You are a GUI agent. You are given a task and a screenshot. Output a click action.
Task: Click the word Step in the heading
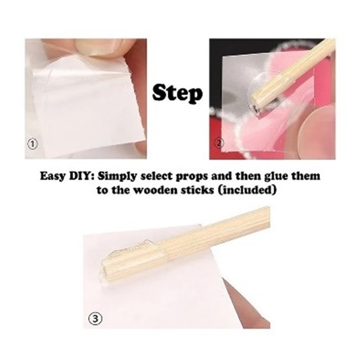pyautogui.click(x=177, y=94)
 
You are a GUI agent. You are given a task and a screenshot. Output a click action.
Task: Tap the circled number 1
pyautogui.click(x=32, y=144)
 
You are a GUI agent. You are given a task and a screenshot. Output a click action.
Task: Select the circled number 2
pyautogui.click(x=219, y=143)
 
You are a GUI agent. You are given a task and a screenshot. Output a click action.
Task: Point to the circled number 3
pyautogui.click(x=95, y=319)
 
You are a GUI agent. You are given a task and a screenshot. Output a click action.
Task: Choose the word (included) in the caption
pyautogui.click(x=247, y=191)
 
